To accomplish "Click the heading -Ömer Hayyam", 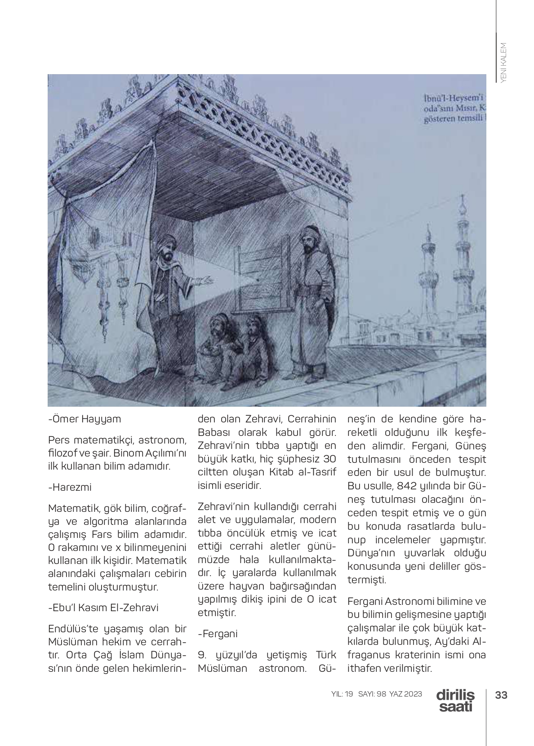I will [85, 419].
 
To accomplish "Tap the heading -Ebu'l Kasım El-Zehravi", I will [103, 608].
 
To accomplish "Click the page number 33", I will [501, 695].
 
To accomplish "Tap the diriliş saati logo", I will [455, 701].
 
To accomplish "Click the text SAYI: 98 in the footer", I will [372, 694].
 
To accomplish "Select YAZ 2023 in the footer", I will [406, 694].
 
